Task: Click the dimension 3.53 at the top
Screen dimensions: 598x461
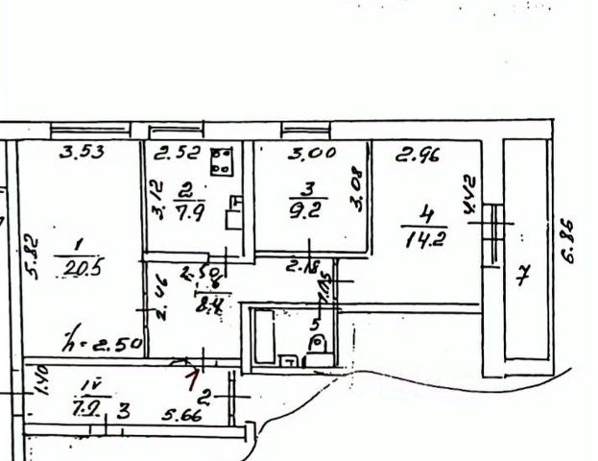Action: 81,150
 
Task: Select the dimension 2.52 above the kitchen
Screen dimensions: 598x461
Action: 176,151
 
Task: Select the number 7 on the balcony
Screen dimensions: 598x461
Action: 522,279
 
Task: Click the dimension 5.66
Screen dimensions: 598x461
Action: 180,416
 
